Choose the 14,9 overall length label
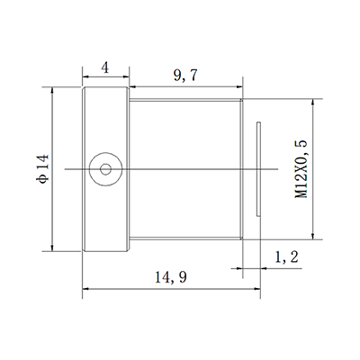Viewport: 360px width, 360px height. click(171, 278)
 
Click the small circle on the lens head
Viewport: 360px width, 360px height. click(107, 167)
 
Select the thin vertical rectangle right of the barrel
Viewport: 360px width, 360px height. click(257, 168)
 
